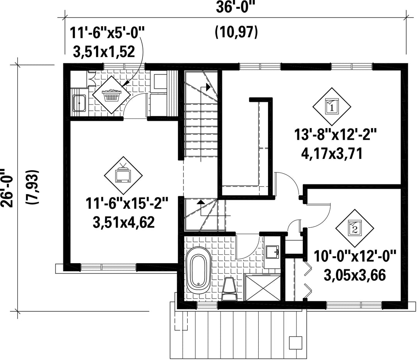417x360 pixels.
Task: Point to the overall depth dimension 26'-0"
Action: (x=7, y=187)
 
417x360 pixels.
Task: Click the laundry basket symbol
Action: (x=112, y=94)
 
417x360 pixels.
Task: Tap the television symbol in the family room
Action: (x=123, y=175)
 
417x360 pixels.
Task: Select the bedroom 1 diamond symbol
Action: (x=331, y=107)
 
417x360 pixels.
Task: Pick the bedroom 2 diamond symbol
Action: (x=354, y=228)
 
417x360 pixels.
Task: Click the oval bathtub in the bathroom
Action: (x=198, y=271)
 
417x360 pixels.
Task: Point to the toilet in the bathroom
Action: (x=229, y=289)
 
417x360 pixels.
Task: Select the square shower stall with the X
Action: (x=262, y=288)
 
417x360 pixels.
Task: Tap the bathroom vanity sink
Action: (x=272, y=251)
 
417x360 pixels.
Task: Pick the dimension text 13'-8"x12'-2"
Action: (x=336, y=135)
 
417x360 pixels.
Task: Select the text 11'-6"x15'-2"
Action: (x=127, y=203)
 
